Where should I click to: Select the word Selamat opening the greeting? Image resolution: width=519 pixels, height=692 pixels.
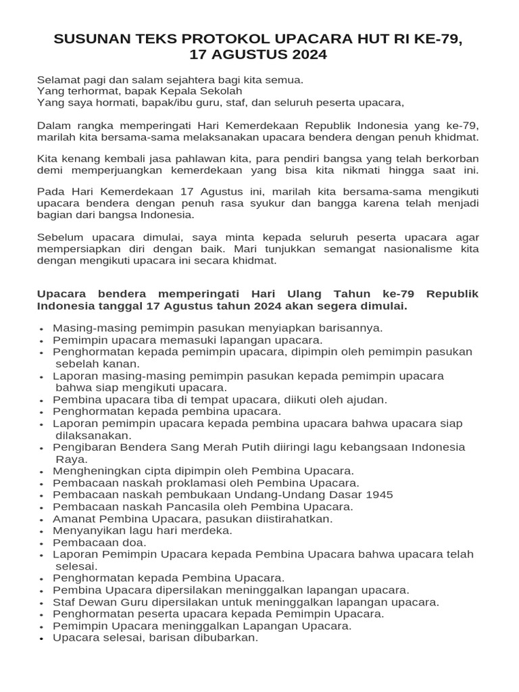tap(58, 80)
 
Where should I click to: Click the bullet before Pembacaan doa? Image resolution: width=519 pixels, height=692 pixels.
tap(42, 543)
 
